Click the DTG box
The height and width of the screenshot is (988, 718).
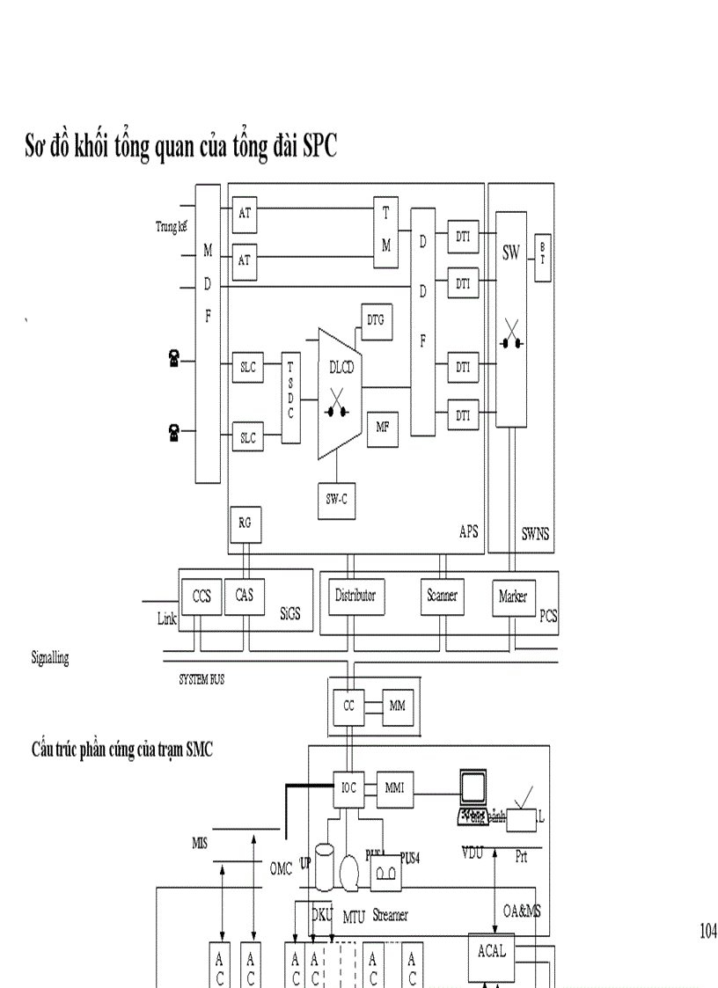pyautogui.click(x=377, y=322)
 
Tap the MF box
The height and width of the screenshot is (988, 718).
pyautogui.click(x=383, y=428)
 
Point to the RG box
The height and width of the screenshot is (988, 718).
pyautogui.click(x=245, y=523)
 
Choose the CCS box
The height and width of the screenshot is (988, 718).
pyautogui.click(x=201, y=596)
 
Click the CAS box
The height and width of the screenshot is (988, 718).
pyautogui.click(x=245, y=596)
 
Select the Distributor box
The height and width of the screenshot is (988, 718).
pyautogui.click(x=355, y=596)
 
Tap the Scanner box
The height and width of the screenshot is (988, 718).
pyautogui.click(x=442, y=596)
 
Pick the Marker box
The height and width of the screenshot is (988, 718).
pyautogui.click(x=513, y=597)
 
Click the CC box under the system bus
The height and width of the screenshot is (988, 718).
pyautogui.click(x=348, y=706)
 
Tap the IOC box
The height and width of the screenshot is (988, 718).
pyautogui.click(x=349, y=788)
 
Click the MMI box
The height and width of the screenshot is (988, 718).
pyautogui.click(x=394, y=788)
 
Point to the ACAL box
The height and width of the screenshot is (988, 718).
pyautogui.click(x=492, y=952)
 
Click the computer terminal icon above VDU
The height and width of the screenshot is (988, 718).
pyautogui.click(x=473, y=797)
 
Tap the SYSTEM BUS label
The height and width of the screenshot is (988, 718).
pyautogui.click(x=201, y=680)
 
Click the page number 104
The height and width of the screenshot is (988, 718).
pyautogui.click(x=707, y=931)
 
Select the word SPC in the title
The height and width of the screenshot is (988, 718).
pyautogui.click(x=319, y=147)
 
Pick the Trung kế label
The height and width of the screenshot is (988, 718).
pyautogui.click(x=172, y=227)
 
